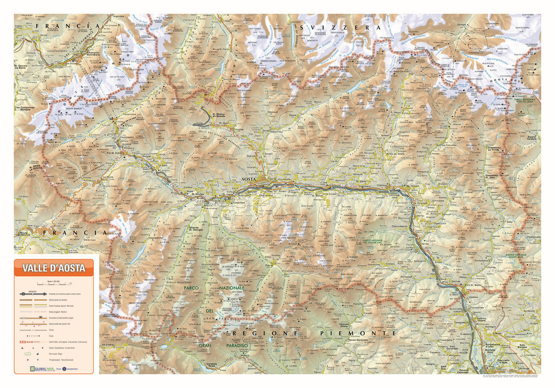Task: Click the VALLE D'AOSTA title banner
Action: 54,269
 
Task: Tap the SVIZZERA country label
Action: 339,27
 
